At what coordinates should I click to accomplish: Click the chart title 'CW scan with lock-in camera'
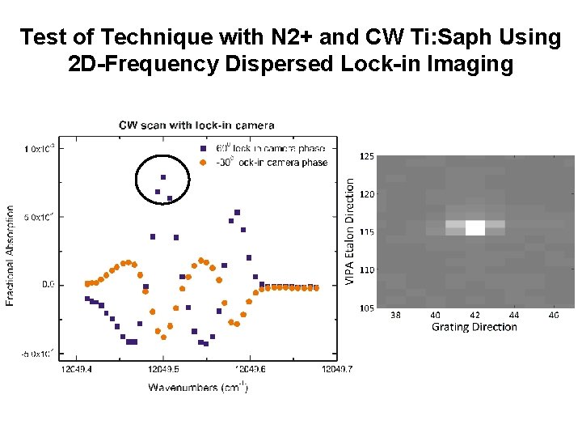click(196, 125)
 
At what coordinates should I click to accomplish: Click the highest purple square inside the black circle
click(163, 177)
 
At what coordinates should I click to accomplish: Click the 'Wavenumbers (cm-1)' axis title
click(197, 388)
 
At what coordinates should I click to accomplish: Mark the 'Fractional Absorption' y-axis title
click(11, 254)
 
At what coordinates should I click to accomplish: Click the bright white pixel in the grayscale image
click(475, 227)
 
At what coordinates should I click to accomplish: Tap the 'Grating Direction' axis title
click(474, 327)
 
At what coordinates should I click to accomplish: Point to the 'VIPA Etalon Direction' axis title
click(350, 231)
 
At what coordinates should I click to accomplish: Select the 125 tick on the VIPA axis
click(366, 156)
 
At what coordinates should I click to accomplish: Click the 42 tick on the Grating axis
click(474, 315)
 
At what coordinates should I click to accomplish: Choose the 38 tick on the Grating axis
click(395, 315)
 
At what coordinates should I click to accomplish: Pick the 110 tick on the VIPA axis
click(366, 269)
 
